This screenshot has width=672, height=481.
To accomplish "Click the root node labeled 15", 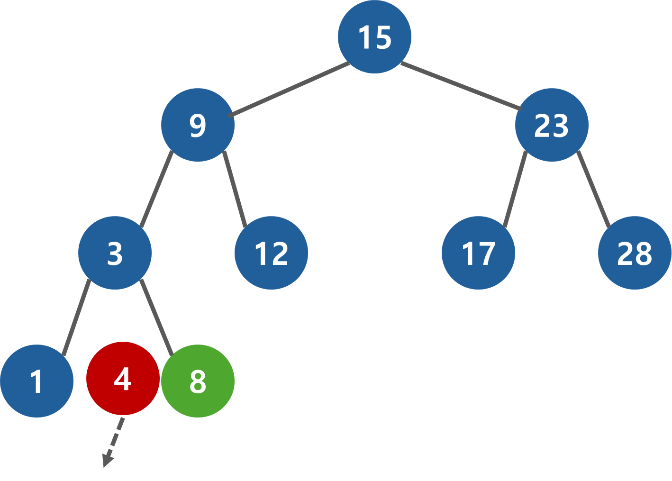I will (x=374, y=37).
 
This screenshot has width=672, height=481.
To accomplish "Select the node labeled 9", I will (x=198, y=125).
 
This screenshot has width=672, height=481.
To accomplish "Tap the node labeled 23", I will (x=552, y=125).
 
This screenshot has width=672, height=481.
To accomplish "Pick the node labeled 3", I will (x=115, y=253).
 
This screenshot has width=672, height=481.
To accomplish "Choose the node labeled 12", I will (x=271, y=253).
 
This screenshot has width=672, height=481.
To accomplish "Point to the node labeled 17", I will (x=478, y=253).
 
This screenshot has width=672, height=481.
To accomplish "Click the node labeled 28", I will (x=635, y=253).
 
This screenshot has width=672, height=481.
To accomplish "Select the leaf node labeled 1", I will (x=36, y=381).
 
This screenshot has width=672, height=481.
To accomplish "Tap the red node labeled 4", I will (x=123, y=379).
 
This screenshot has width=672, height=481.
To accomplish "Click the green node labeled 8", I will (x=198, y=381).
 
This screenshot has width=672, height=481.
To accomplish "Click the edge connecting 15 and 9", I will (x=289, y=89).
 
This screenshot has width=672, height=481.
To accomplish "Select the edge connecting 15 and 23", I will (x=461, y=86).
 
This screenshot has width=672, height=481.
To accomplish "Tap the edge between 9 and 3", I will (x=157, y=189).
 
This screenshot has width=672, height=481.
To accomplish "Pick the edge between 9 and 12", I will (x=235, y=189).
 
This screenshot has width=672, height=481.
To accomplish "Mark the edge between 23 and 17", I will (x=515, y=189).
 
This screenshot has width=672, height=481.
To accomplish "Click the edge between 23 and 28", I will (x=593, y=189).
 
